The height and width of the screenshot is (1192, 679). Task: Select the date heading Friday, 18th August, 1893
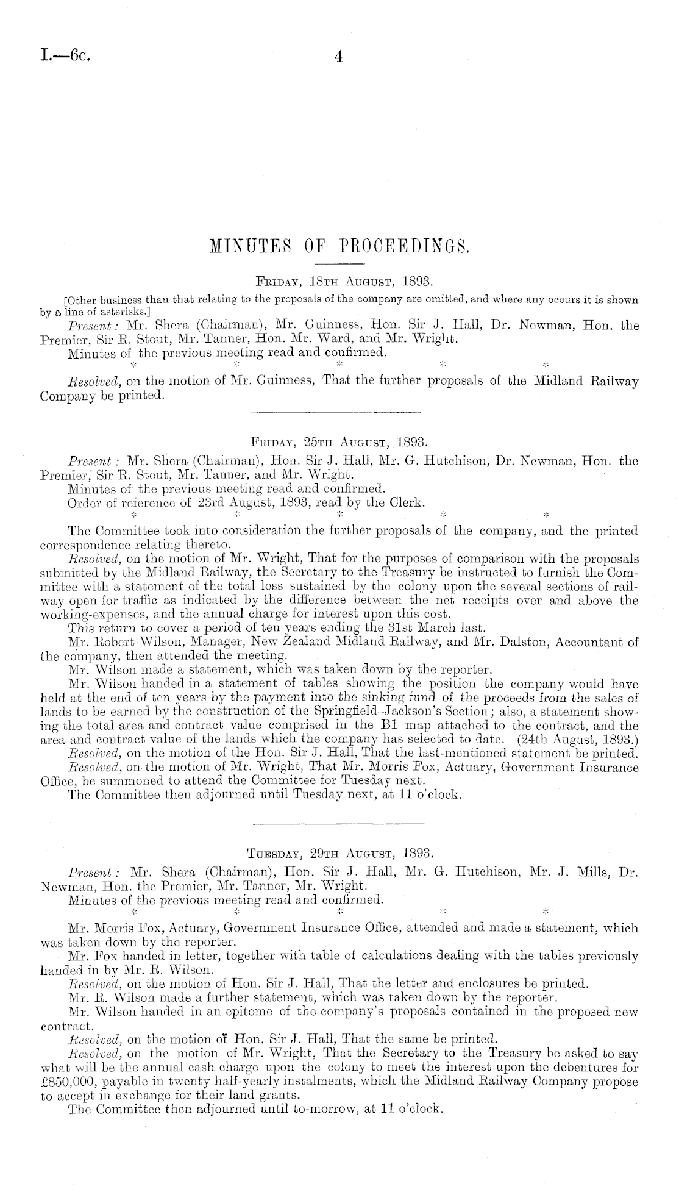tap(339, 282)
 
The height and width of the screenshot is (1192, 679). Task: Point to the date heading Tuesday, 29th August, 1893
tap(339, 852)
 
